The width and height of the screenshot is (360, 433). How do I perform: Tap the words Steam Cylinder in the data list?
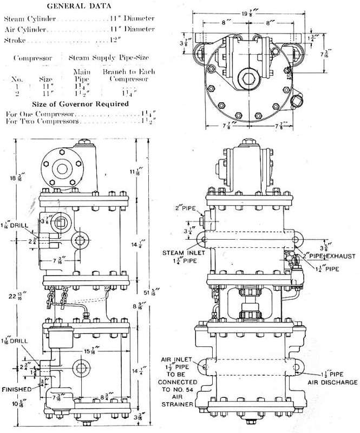coord(29,18)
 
